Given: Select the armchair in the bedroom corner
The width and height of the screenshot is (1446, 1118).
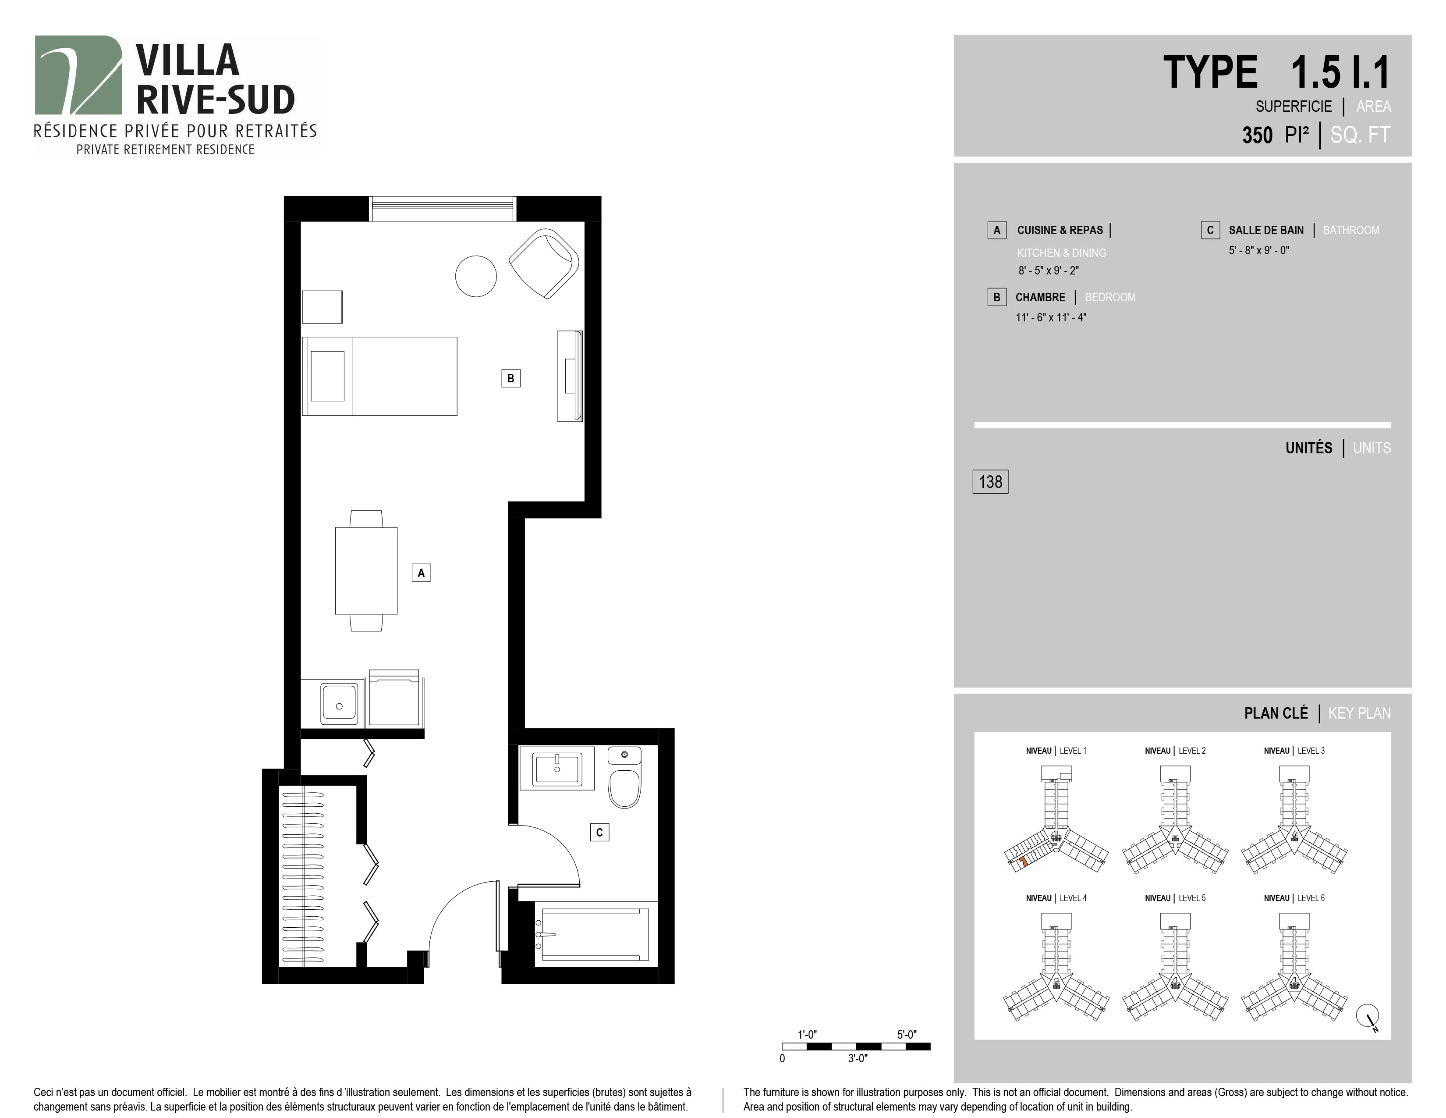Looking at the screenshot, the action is click(544, 263).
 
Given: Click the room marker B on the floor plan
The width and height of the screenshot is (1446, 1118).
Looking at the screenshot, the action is click(510, 378).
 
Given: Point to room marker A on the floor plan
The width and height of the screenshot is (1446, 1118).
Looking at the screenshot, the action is click(421, 573).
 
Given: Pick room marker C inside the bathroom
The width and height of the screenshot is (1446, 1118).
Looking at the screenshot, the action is click(599, 833).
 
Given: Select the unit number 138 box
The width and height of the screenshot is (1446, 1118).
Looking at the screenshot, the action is click(990, 481).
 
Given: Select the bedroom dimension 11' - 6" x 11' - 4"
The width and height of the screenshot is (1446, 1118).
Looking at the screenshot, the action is click(1051, 317).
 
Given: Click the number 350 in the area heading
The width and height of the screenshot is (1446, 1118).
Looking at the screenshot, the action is click(1257, 135).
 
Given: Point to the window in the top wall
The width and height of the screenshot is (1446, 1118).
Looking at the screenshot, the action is click(442, 209).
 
